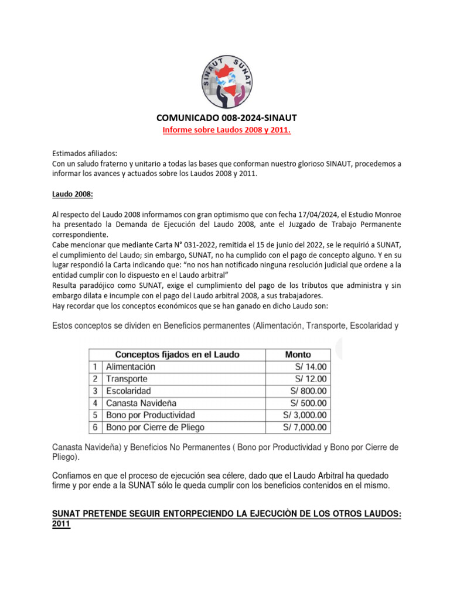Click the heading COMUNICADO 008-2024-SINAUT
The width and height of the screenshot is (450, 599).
tap(226, 118)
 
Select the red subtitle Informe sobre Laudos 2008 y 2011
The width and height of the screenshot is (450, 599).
tap(226, 130)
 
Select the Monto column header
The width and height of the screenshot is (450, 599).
tap(298, 354)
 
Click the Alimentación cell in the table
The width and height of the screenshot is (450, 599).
tap(131, 367)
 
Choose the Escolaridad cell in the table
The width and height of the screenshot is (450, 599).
tap(128, 391)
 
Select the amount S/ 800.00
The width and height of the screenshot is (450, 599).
tap(308, 391)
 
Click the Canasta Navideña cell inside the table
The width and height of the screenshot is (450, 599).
tap(141, 403)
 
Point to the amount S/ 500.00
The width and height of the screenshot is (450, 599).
tap(308, 403)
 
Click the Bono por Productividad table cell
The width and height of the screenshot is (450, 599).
tap(151, 415)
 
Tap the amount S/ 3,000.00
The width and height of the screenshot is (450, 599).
tap(305, 415)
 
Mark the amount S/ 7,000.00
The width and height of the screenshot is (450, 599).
tap(305, 427)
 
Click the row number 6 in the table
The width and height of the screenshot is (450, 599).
tap(96, 427)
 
